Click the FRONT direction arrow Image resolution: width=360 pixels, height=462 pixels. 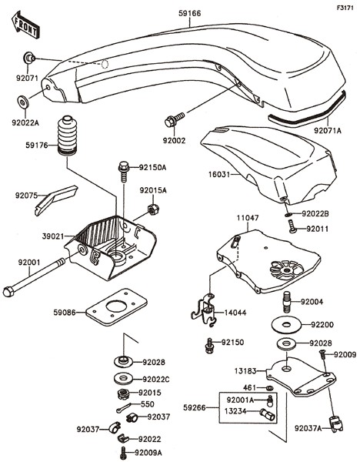click(25, 25)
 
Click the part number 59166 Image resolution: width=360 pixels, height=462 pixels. click(190, 13)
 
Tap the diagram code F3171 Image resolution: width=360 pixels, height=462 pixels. click(345, 8)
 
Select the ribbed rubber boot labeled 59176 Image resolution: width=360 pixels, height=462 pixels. click(67, 136)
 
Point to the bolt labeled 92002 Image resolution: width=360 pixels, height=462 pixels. click(175, 120)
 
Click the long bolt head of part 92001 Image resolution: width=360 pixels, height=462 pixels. click(8, 291)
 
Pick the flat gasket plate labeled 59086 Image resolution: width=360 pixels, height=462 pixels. click(117, 307)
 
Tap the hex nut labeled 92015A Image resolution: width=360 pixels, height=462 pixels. click(153, 209)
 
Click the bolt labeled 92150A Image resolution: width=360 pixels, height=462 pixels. click(124, 172)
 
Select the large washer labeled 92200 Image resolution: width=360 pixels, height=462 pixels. click(286, 324)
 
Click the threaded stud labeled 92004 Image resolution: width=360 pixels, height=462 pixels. click(286, 301)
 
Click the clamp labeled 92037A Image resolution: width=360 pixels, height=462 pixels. click(336, 423)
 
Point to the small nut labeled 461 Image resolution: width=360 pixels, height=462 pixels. click(268, 388)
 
